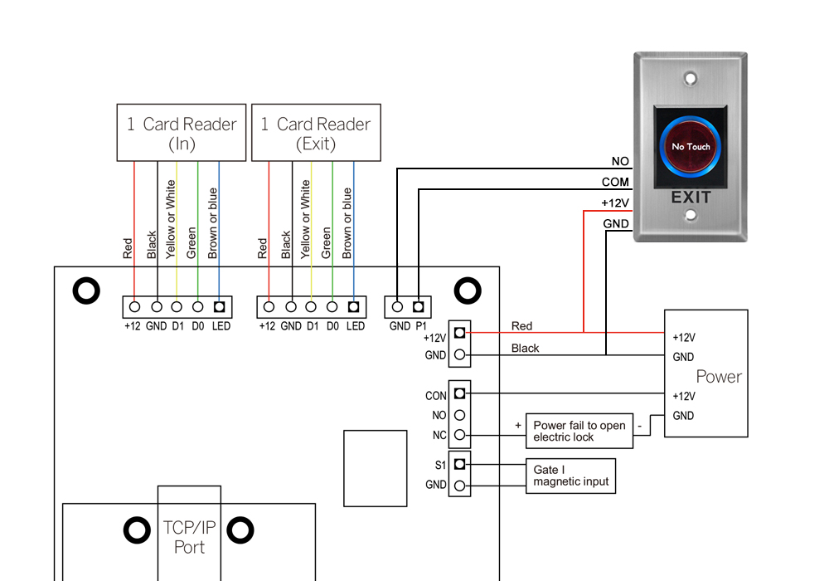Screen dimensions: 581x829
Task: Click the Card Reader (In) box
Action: (182, 133)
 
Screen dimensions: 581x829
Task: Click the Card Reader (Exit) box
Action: (316, 133)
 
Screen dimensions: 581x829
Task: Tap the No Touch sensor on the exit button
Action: (691, 147)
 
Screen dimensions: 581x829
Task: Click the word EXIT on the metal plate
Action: (691, 198)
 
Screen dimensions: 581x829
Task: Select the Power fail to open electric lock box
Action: (579, 431)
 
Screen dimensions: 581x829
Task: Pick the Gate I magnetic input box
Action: (571, 476)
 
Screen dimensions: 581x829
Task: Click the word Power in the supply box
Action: (719, 376)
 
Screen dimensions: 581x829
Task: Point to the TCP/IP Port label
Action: (189, 537)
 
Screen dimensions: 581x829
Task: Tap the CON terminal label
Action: (436, 396)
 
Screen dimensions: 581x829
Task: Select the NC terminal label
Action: (439, 435)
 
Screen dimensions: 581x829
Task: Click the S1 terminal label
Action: (440, 465)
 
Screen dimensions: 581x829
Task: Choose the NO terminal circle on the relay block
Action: (459, 415)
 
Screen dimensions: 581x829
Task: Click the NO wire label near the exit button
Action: (619, 162)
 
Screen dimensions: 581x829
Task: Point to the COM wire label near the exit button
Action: (615, 183)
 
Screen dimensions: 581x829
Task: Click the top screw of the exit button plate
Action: (691, 79)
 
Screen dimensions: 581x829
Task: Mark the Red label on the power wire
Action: (522, 326)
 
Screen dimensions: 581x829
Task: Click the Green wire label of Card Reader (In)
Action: (191, 242)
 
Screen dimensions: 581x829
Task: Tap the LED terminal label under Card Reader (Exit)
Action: (355, 326)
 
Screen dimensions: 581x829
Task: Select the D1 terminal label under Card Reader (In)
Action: (177, 326)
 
